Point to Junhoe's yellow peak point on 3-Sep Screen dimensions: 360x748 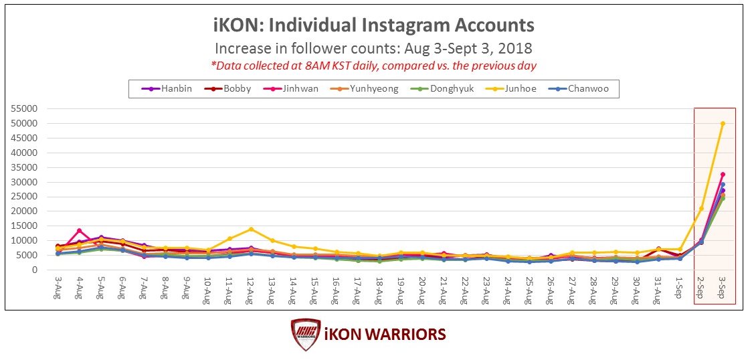pos(723,124)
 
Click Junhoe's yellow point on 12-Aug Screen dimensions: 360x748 pos(251,229)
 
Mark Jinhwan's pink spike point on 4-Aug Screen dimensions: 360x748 pos(80,231)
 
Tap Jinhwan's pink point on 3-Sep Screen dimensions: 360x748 pos(723,175)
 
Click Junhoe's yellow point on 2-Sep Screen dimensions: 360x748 pos(701,208)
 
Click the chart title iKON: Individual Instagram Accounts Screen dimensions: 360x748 pos(373,25)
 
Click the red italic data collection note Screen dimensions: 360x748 pos(373,65)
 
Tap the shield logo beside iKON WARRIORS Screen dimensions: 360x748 pos(306,335)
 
